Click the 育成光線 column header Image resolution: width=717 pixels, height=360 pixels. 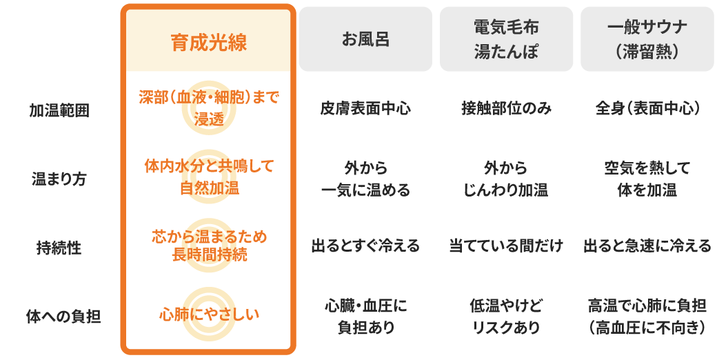tap(208, 42)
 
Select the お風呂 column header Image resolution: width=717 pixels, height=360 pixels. tap(365, 39)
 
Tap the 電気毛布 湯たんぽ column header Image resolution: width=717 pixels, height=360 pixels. tap(506, 39)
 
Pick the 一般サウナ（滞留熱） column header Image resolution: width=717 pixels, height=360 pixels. tap(647, 39)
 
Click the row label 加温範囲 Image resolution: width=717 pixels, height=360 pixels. tap(59, 111)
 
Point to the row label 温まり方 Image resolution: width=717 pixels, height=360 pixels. tap(59, 179)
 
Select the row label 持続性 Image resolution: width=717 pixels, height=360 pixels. tap(59, 248)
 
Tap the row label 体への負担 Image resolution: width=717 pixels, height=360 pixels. tap(63, 317)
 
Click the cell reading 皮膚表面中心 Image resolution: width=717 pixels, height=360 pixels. tap(365, 108)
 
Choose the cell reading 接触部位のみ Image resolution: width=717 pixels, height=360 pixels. tap(506, 108)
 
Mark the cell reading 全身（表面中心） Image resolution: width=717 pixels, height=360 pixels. tap(647, 108)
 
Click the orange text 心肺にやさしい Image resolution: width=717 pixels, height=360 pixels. tap(209, 314)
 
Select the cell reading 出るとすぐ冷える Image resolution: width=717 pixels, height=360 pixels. tap(365, 246)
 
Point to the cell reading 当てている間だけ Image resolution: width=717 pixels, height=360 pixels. tap(506, 246)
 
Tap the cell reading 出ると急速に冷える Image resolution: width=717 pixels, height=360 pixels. tap(647, 246)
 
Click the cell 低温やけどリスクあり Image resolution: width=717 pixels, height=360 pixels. tap(506, 316)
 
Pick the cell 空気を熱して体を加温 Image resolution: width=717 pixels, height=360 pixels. tap(647, 179)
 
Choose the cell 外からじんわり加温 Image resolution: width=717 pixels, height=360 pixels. tap(506, 179)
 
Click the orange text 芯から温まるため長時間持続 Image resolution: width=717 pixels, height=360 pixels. tap(209, 246)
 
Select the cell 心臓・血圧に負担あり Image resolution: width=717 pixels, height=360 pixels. tap(365, 316)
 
